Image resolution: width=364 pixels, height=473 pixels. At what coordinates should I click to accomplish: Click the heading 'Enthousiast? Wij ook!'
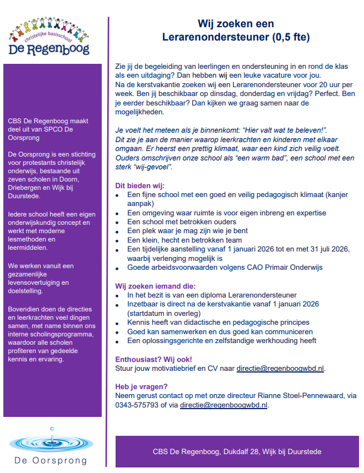pos(154,359)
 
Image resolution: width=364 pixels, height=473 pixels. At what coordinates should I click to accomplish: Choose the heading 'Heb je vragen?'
pos(141,386)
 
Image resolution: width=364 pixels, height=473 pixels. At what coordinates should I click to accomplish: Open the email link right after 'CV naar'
pos(280,368)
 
